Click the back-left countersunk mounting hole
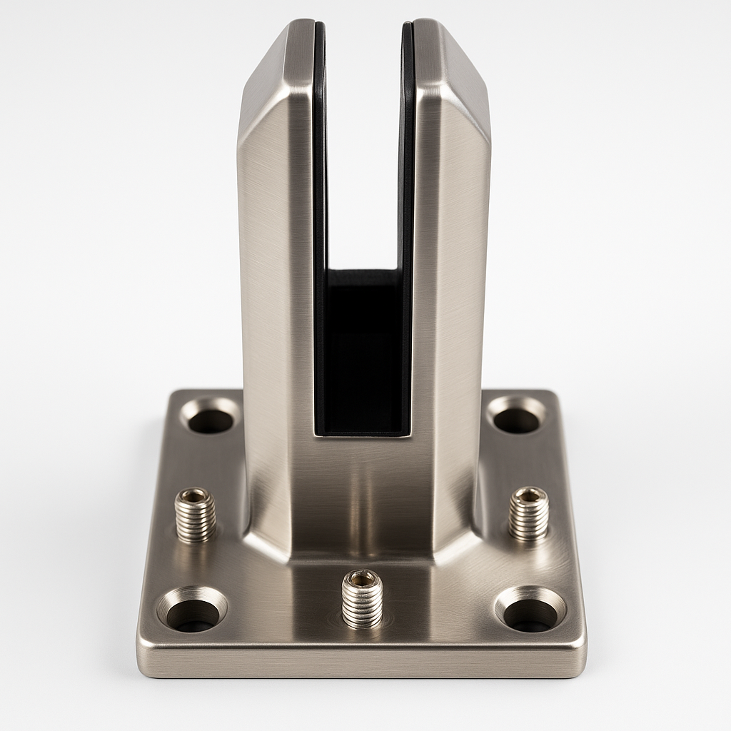tap(210, 420)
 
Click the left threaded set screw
tap(196, 515)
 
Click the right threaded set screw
tap(529, 514)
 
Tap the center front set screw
tap(362, 598)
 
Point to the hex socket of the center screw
tap(362, 578)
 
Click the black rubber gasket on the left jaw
tap(320, 214)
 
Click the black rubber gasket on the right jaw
tap(407, 214)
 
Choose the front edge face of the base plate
tap(362, 664)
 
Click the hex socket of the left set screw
tap(196, 495)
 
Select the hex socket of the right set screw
tap(529, 493)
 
